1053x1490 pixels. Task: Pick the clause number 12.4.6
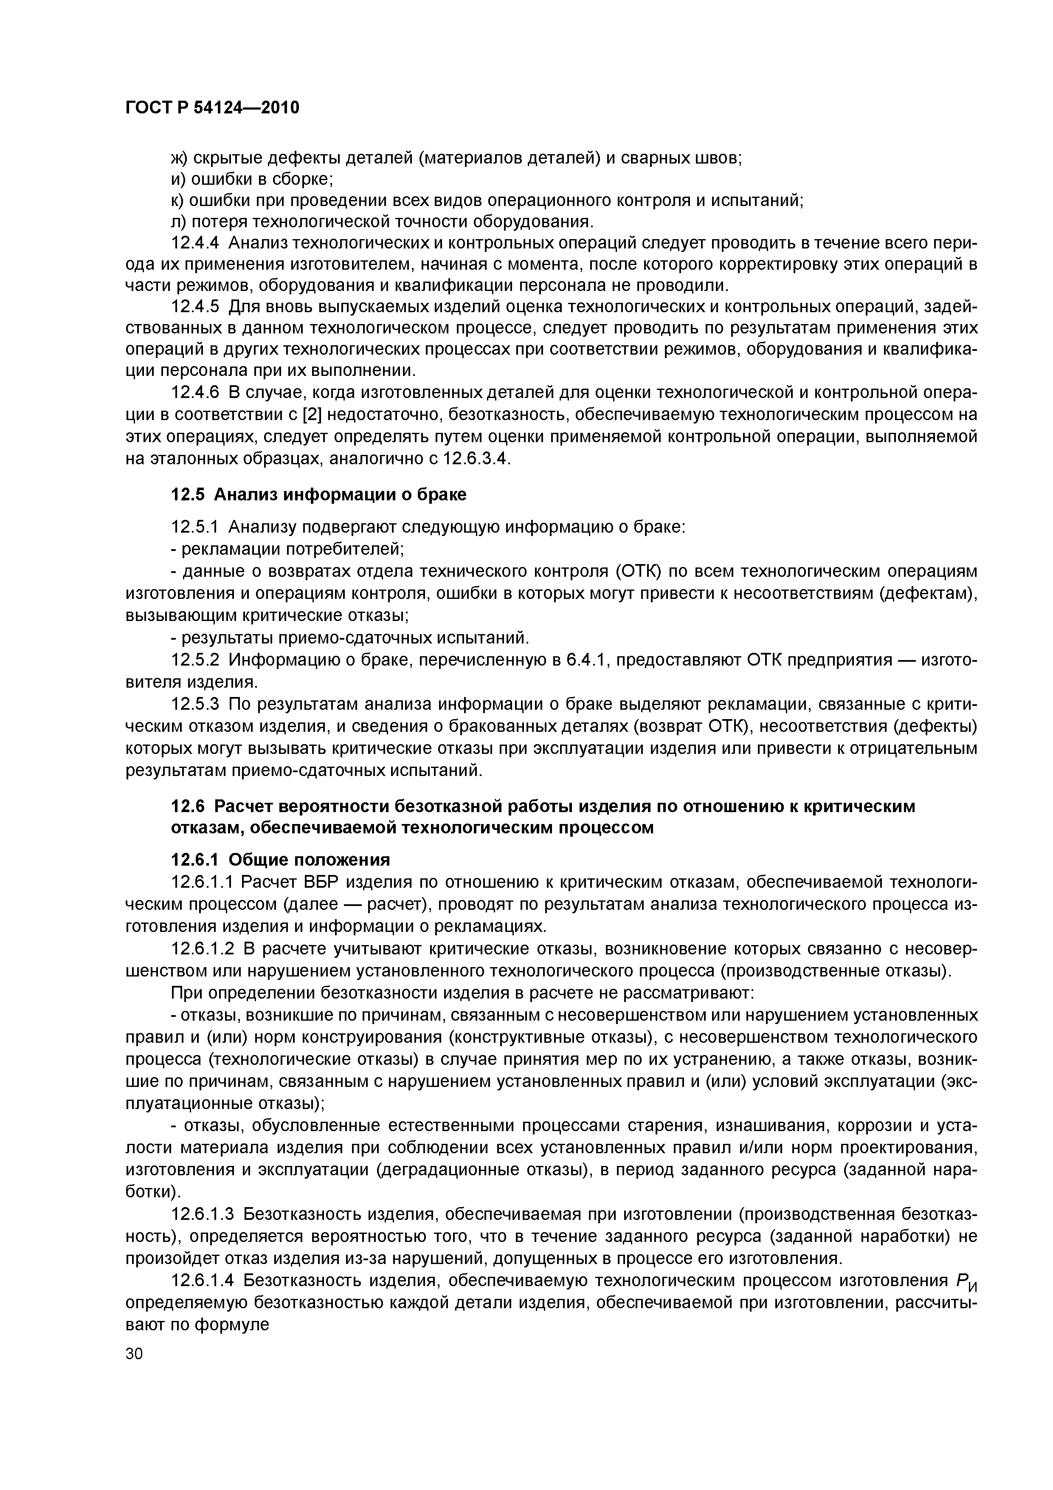[195, 392]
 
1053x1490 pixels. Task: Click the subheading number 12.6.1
[195, 860]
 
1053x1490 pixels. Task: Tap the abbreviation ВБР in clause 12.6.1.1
[317, 882]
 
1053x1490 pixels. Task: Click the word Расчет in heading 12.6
[242, 807]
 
